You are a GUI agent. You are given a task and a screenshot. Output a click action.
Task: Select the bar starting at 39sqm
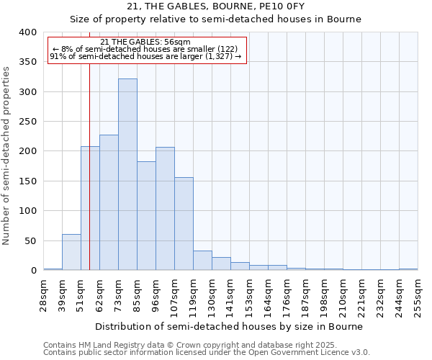(x=71, y=252)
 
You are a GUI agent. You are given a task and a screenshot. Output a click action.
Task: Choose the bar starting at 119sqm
(x=202, y=261)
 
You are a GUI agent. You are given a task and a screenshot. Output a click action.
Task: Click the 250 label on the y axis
(x=27, y=122)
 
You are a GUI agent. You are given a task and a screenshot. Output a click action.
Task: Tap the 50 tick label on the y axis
(x=30, y=240)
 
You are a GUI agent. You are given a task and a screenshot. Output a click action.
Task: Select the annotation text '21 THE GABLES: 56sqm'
(x=145, y=42)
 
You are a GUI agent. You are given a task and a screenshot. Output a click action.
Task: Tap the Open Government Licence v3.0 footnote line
(x=207, y=352)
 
